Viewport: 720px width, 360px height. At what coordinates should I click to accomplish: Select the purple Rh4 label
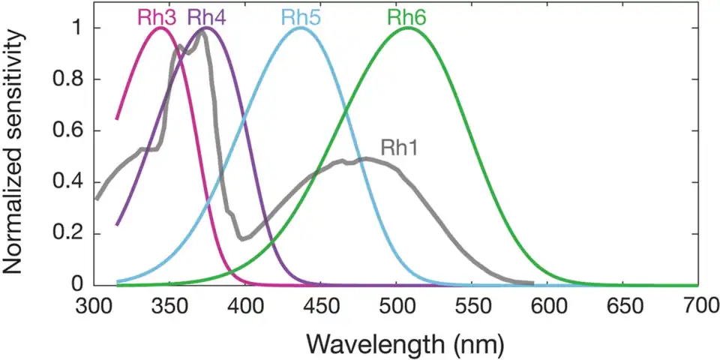click(x=206, y=16)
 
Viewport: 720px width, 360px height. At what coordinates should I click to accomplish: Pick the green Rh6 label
click(x=407, y=16)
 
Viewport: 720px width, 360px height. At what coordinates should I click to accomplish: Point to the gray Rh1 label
click(x=399, y=147)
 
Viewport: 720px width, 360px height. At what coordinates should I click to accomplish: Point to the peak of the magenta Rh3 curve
click(x=160, y=28)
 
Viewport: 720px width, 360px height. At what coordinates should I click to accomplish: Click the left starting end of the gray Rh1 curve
click(x=96, y=199)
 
